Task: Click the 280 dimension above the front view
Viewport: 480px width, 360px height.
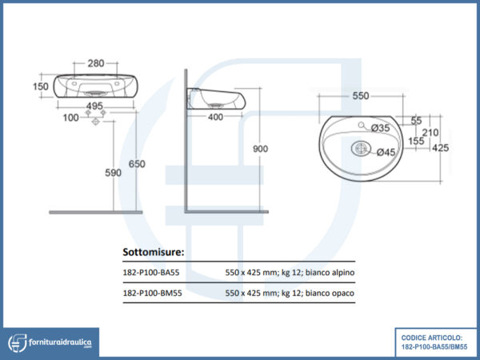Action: [x=96, y=63]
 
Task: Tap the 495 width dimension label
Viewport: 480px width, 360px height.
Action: [x=96, y=105]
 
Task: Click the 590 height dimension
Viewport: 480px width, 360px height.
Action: [x=113, y=173]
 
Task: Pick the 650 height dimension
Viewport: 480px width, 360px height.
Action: [x=138, y=164]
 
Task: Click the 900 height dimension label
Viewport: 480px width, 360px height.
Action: [x=260, y=148]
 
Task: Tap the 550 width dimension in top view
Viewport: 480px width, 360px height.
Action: [x=360, y=95]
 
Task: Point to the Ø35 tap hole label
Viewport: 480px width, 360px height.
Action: [x=381, y=128]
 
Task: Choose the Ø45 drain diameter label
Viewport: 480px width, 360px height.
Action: [x=386, y=152]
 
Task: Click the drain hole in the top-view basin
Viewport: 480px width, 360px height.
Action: [x=359, y=148]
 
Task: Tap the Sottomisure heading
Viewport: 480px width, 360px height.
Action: [x=153, y=252]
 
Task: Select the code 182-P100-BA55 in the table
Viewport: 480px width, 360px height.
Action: [x=152, y=273]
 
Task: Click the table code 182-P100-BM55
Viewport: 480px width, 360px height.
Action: [x=152, y=294]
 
